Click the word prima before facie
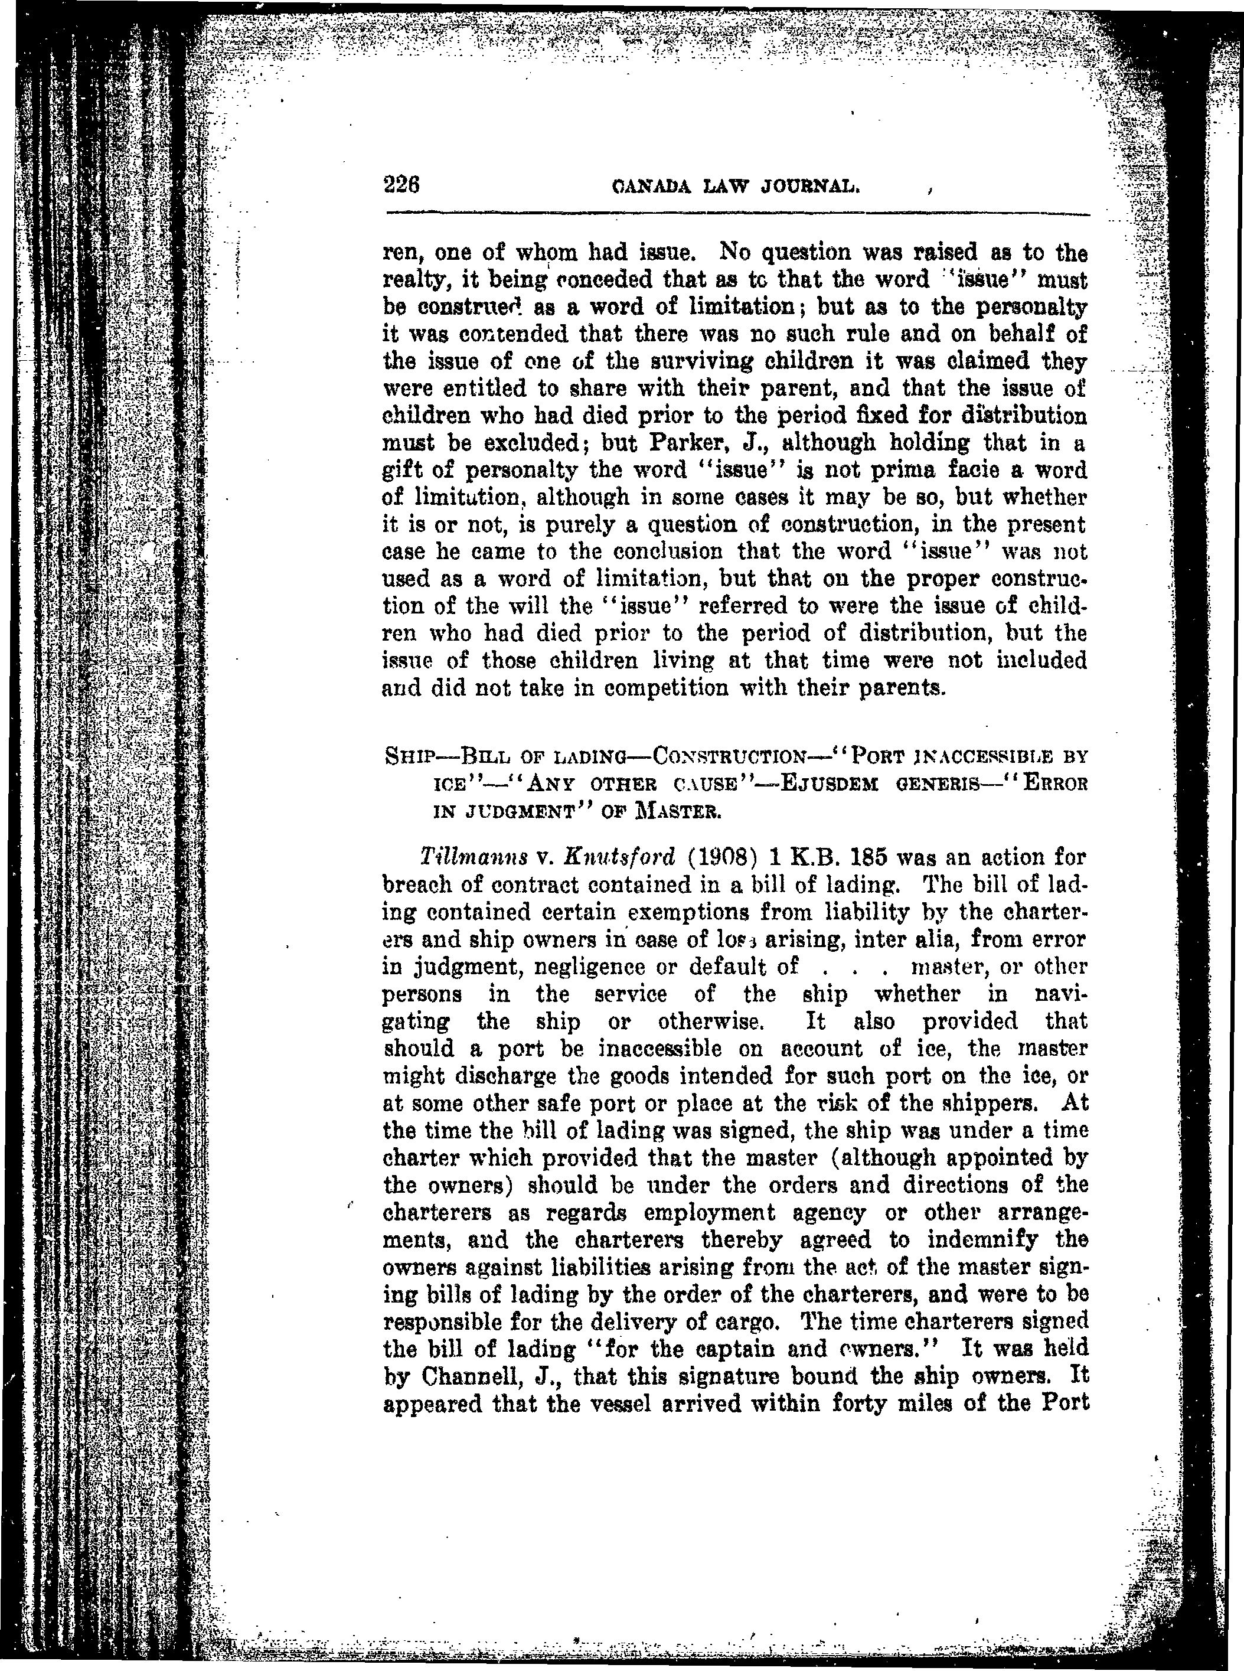click(x=870, y=471)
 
